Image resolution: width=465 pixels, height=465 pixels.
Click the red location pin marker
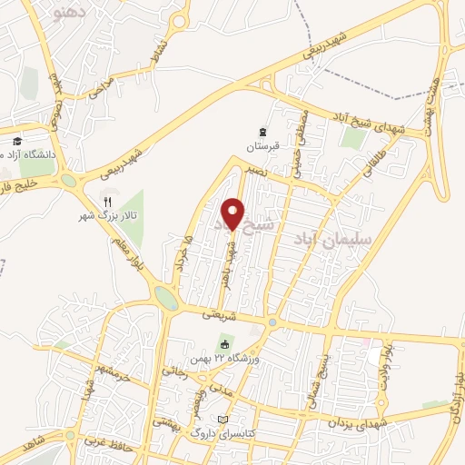click(233, 213)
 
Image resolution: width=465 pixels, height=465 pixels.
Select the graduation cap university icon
click(17, 141)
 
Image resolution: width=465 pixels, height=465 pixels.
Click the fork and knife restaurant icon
click(107, 202)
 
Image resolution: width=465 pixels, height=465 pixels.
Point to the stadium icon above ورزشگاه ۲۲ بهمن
click(224, 343)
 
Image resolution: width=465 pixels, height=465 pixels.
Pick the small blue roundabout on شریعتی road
click(272, 322)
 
